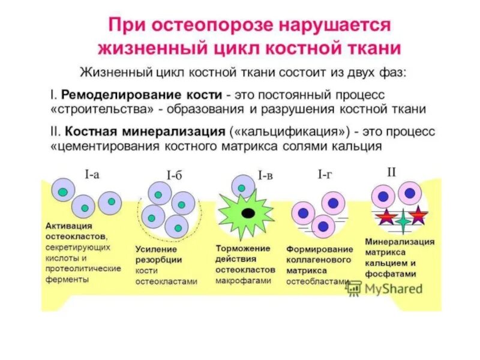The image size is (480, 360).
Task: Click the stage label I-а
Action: coord(92,175)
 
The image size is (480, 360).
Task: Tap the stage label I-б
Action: coord(174,176)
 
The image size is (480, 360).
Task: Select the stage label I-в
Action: coord(266,176)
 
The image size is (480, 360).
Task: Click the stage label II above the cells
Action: coord(391,172)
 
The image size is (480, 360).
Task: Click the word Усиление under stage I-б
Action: coord(156,248)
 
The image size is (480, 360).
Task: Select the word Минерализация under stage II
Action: coord(400,241)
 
